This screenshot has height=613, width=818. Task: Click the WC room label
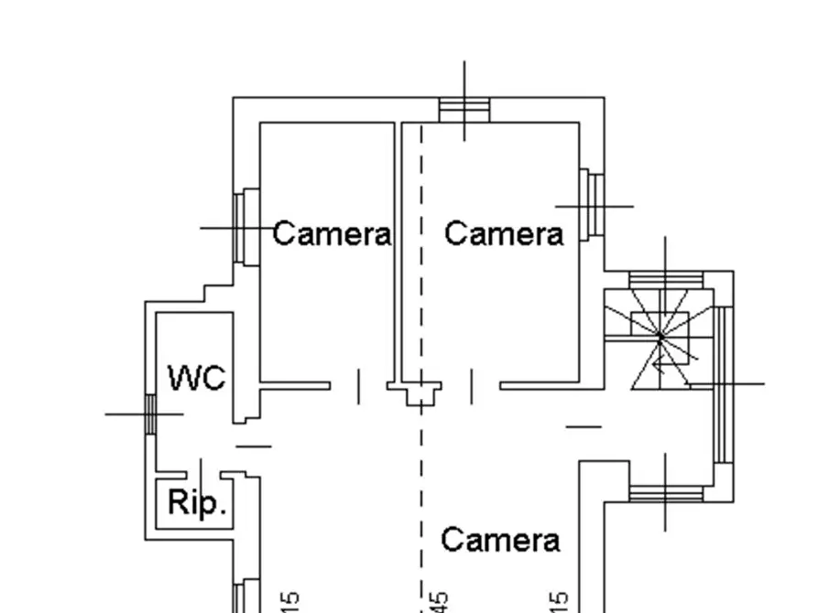[197, 377]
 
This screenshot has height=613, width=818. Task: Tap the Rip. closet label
[196, 502]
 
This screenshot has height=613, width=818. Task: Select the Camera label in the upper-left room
[332, 234]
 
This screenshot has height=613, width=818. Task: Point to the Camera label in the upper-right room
[504, 234]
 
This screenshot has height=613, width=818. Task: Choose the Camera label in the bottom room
[500, 540]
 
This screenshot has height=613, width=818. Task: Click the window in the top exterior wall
[464, 110]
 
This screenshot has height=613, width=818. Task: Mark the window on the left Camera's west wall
[246, 227]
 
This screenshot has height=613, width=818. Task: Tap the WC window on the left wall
[150, 414]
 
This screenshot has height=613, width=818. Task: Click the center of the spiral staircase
[660, 338]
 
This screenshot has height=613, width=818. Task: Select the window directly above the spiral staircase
[665, 279]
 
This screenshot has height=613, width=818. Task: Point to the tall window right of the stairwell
[723, 384]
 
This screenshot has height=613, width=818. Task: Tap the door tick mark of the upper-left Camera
[358, 386]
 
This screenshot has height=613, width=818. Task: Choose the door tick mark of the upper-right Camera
[472, 386]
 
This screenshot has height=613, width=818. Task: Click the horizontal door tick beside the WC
[254, 446]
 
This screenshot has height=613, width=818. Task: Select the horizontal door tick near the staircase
[584, 425]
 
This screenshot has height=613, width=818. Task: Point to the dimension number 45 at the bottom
[439, 602]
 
